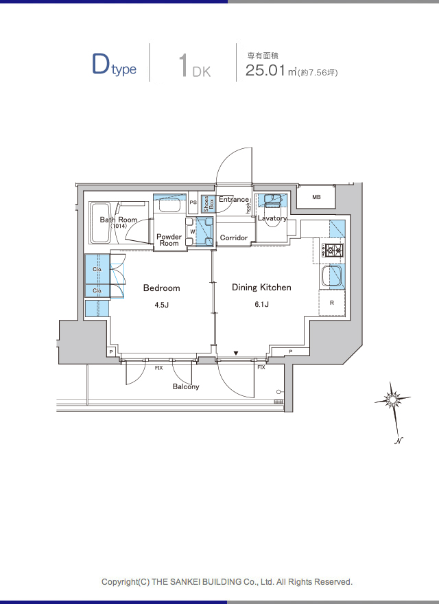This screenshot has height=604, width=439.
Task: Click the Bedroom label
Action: (161, 288)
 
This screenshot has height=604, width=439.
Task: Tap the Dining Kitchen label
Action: (261, 287)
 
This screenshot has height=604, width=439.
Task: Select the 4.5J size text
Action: (162, 305)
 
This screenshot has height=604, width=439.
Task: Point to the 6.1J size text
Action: (261, 304)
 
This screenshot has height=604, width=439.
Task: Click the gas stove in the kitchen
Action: (333, 251)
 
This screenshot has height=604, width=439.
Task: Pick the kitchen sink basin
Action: (332, 276)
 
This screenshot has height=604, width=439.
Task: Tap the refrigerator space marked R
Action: (332, 303)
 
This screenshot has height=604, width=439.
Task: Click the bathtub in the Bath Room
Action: (101, 222)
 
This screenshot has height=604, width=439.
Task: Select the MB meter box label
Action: (316, 197)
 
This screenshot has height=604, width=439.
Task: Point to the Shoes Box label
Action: (209, 204)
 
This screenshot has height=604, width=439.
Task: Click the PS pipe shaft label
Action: (193, 202)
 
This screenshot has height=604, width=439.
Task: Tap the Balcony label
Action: (186, 386)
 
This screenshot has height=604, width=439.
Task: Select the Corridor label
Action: (234, 237)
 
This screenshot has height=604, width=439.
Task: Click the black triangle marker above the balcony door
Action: (236, 353)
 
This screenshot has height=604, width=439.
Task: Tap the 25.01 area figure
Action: (265, 70)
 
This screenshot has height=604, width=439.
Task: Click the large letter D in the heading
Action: (101, 64)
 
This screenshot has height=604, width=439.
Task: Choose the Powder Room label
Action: (169, 240)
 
